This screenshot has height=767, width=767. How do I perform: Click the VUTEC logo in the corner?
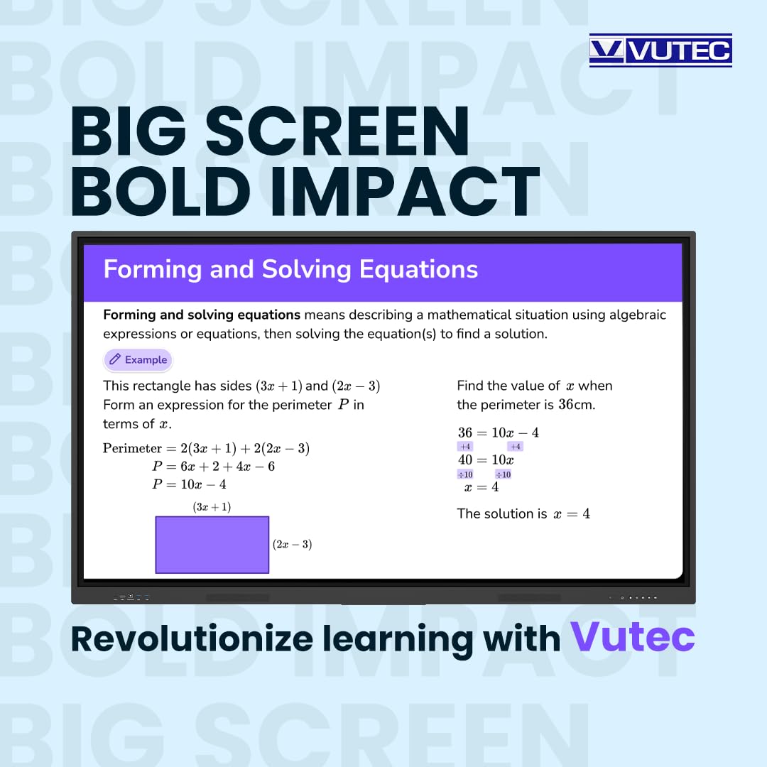(x=660, y=50)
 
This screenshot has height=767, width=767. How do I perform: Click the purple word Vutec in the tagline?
(x=633, y=637)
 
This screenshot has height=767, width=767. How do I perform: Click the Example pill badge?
(x=138, y=360)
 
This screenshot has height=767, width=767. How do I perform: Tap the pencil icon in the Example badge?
(x=115, y=360)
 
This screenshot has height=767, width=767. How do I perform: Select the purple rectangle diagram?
(x=212, y=545)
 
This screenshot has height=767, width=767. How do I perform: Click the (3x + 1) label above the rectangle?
(x=212, y=507)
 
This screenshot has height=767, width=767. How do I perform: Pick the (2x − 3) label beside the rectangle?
(x=293, y=545)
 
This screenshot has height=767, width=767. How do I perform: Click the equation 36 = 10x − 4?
(x=498, y=433)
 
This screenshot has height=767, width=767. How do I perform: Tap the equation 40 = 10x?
(x=486, y=460)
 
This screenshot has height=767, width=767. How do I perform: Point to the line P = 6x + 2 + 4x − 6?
(x=213, y=467)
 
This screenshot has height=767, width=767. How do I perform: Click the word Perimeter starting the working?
(x=133, y=448)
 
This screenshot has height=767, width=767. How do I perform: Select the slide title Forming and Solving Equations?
(x=290, y=270)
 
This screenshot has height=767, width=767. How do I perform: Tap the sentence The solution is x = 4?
(x=523, y=513)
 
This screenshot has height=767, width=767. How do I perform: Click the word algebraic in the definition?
(x=638, y=315)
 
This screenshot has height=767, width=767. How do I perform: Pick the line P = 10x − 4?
(x=189, y=484)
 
